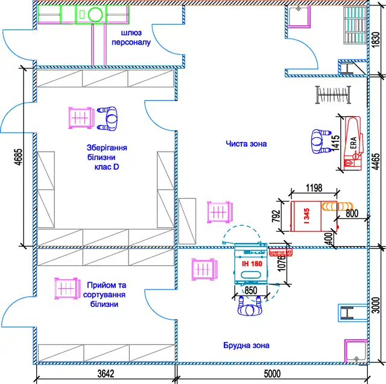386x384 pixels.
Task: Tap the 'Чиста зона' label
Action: click(x=246, y=144)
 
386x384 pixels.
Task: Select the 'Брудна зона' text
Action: click(x=245, y=345)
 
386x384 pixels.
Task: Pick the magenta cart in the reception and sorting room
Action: click(x=66, y=289)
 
